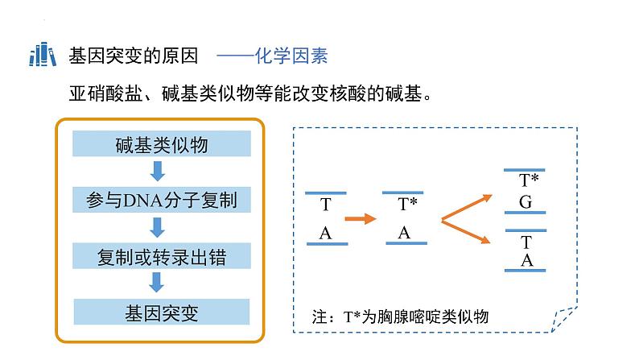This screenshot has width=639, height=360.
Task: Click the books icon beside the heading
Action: (43, 54)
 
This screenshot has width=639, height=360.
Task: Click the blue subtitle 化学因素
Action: (291, 56)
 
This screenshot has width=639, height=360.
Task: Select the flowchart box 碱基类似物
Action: (162, 143)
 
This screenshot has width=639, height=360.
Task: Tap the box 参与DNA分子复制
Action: (162, 200)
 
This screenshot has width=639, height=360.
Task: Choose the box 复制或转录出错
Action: (162, 256)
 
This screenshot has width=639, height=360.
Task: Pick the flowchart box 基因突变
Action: (162, 312)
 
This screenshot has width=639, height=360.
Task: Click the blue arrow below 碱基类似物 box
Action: (158, 172)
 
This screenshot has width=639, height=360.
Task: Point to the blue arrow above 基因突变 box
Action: (157, 283)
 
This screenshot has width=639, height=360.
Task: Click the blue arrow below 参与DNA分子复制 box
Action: (157, 227)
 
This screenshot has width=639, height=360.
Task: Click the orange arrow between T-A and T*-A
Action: (361, 219)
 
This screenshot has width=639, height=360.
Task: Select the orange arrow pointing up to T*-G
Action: (467, 208)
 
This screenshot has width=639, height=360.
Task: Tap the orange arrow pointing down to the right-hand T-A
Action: (466, 232)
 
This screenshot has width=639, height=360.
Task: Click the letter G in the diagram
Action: (526, 202)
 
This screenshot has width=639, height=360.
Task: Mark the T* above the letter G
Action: (529, 180)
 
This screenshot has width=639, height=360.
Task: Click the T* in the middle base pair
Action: (407, 204)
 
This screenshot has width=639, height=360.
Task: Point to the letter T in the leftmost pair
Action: (326, 205)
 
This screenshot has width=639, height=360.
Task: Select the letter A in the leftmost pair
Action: (325, 234)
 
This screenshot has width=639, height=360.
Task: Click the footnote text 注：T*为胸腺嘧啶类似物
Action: (400, 317)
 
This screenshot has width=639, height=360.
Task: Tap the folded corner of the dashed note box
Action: (563, 320)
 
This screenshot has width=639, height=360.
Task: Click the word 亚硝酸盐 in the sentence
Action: (105, 93)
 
